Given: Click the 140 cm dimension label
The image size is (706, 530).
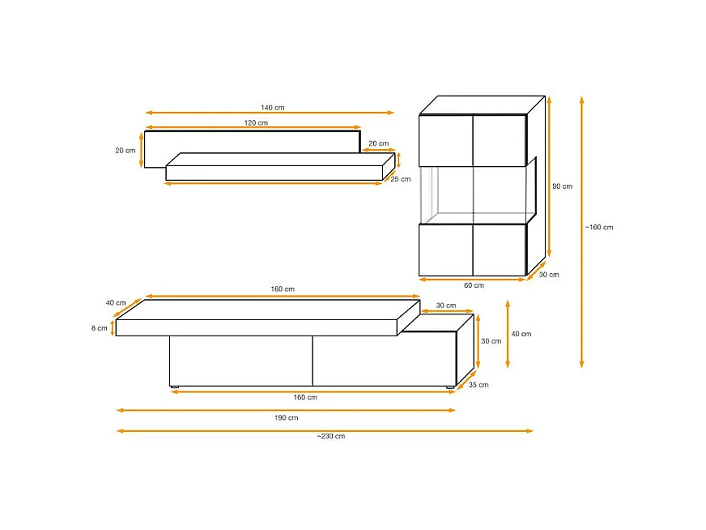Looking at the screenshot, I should [x=273, y=108].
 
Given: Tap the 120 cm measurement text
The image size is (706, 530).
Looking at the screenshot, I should [x=256, y=123].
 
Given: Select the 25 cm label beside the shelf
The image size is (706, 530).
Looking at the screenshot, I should [x=400, y=179].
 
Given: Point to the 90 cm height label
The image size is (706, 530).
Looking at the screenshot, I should [x=562, y=186].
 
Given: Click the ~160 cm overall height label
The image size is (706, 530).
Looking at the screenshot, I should [x=599, y=227].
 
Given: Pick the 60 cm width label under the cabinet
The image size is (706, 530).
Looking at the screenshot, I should [x=474, y=285].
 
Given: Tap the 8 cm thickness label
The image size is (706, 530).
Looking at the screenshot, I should [x=99, y=328].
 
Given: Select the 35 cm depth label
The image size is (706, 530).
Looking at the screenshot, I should [x=478, y=385].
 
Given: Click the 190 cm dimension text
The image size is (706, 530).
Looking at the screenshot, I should [x=287, y=418].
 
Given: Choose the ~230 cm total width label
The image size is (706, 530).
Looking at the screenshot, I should [x=330, y=436].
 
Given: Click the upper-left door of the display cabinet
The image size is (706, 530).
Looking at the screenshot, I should [x=445, y=140].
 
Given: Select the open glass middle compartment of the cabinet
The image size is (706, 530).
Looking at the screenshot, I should [x=474, y=194].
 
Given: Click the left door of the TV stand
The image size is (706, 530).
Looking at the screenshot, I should [x=240, y=360].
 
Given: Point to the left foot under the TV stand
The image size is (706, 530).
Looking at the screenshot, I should [x=176, y=388].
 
